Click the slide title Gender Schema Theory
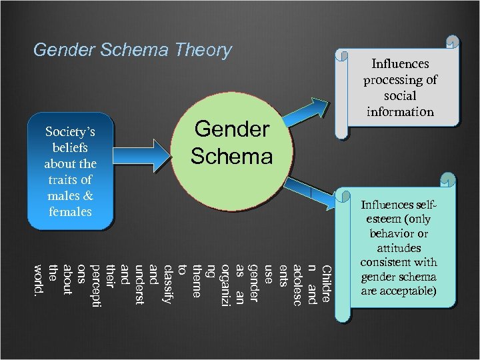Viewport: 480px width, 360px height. (132, 49)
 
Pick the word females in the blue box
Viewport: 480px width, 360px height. (70, 212)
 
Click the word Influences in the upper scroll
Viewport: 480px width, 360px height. (400, 64)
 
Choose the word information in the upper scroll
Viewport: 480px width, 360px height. (400, 112)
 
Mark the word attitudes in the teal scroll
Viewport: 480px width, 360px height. (398, 247)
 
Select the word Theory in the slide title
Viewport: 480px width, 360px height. (202, 49)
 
